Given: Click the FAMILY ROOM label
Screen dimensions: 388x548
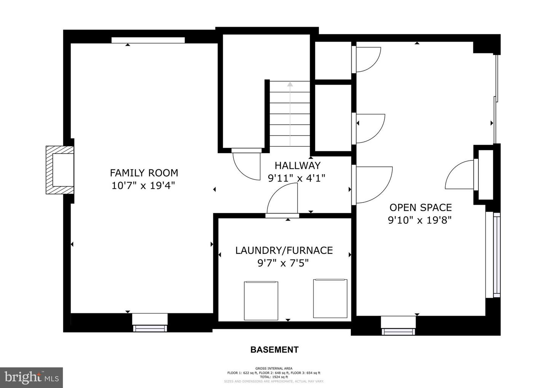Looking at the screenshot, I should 144,173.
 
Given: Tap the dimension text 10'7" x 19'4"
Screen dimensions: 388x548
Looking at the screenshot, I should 144,186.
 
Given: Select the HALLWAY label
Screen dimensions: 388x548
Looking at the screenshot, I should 297,165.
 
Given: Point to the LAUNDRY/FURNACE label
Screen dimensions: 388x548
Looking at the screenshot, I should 284,250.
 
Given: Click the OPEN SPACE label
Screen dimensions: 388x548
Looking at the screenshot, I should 420,208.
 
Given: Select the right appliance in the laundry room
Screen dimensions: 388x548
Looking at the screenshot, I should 330,298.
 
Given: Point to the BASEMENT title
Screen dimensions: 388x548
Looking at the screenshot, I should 274,350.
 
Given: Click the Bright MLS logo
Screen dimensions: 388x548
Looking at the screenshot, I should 31,377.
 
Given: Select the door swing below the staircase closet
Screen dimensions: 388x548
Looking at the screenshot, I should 245,165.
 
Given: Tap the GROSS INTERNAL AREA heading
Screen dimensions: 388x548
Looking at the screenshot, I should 274,368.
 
